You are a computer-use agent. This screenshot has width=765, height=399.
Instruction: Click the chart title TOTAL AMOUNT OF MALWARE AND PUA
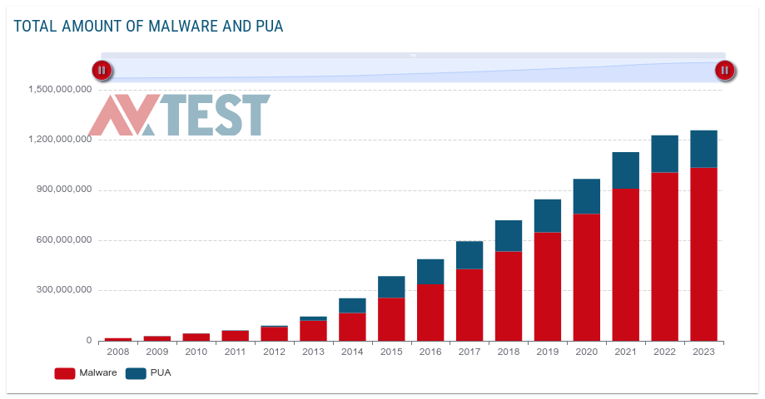pyautogui.click(x=148, y=27)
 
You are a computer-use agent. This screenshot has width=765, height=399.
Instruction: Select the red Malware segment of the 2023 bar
pyautogui.click(x=703, y=254)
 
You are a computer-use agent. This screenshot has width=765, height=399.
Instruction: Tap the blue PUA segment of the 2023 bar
pyautogui.click(x=703, y=149)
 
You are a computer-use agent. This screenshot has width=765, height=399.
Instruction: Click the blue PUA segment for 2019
pyautogui.click(x=547, y=215)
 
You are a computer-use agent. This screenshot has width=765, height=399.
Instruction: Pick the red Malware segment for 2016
pyautogui.click(x=430, y=312)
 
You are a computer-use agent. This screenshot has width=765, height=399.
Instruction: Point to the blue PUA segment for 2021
pyautogui.click(x=625, y=170)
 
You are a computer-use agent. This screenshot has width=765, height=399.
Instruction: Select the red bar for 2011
pyautogui.click(x=235, y=335)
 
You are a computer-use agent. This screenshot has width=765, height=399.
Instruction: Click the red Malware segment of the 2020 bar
pyautogui.click(x=586, y=277)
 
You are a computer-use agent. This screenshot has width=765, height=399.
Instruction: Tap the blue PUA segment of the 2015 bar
pyautogui.click(x=391, y=287)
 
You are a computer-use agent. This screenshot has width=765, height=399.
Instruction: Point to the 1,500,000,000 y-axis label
pyautogui.click(x=60, y=89)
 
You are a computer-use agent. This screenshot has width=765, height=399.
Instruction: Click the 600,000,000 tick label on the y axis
pyautogui.click(x=63, y=240)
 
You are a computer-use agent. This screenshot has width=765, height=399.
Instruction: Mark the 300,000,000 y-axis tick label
pyautogui.click(x=63, y=290)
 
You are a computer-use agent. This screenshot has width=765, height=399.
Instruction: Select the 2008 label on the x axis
pyautogui.click(x=118, y=352)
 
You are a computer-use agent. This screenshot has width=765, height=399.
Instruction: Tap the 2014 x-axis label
pyautogui.click(x=352, y=352)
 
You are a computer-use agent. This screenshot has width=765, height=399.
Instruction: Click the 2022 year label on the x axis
pyautogui.click(x=664, y=352)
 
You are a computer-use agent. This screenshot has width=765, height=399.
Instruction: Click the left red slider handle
pyautogui.click(x=102, y=71)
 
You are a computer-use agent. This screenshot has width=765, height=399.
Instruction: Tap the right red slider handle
pyautogui.click(x=725, y=71)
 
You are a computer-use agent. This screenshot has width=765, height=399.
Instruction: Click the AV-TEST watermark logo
pyautogui.click(x=179, y=115)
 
